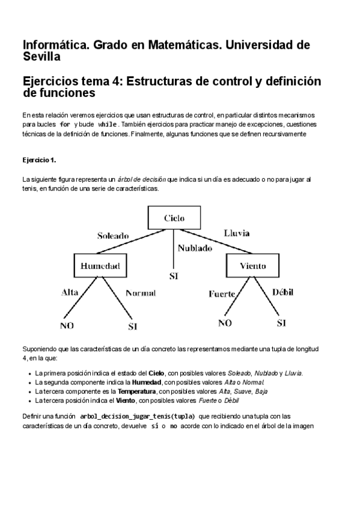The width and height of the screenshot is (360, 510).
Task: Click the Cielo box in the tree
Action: click(174, 218)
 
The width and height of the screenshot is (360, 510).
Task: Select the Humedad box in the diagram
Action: click(100, 265)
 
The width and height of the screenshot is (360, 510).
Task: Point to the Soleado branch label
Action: click(114, 236)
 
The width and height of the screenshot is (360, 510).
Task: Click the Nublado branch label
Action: click(195, 248)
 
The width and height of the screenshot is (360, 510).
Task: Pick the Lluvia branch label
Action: click(237, 232)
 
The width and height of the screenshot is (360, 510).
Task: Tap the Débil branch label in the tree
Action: click(283, 292)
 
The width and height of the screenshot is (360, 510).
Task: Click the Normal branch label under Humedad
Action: click(140, 293)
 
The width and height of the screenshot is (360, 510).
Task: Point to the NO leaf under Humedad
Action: click(66, 326)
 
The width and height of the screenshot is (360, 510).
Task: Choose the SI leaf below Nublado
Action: click(174, 277)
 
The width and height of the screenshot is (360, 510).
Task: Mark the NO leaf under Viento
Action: click(225, 323)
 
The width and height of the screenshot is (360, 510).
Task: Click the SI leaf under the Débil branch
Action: click(281, 323)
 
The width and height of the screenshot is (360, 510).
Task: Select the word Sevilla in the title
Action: click(41, 57)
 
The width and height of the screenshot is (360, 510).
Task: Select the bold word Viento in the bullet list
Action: click(124, 401)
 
